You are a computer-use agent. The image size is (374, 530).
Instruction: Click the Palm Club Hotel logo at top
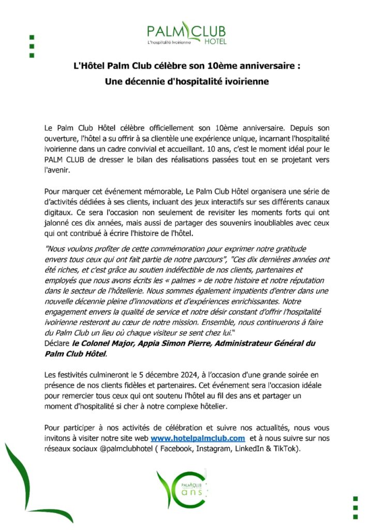(187, 33)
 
